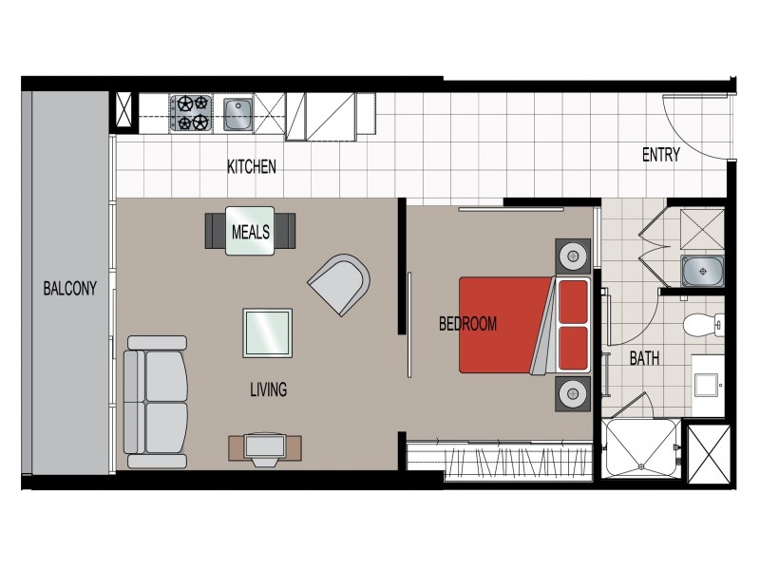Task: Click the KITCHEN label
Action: [x=251, y=167]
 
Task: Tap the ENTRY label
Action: [x=660, y=156]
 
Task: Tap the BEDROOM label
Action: [x=467, y=324]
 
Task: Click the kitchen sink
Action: [x=237, y=115]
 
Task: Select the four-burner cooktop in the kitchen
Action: [x=190, y=113]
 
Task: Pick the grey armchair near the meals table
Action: [x=339, y=282]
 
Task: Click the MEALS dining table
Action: [x=251, y=231]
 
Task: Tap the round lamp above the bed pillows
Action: [x=574, y=255]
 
